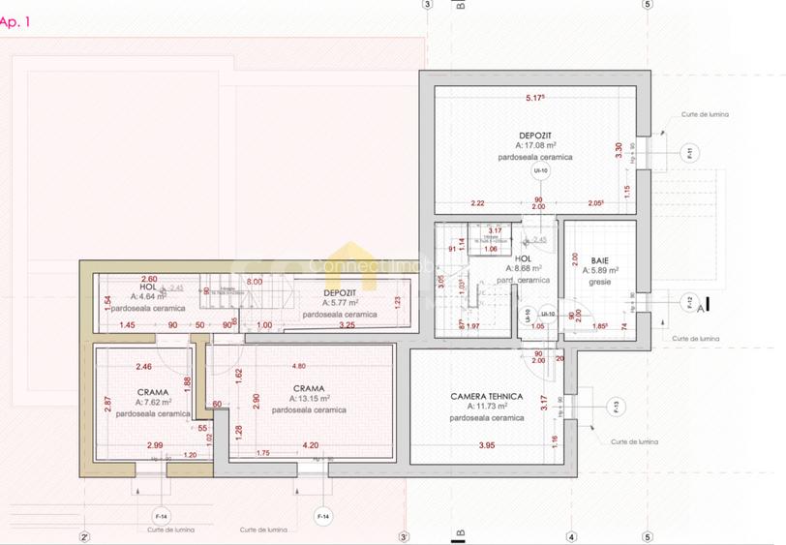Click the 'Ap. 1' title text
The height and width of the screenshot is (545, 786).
pyautogui.click(x=16, y=21)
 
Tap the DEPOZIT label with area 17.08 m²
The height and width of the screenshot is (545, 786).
pyautogui.click(x=535, y=135)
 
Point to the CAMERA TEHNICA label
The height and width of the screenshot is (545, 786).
pyautogui.click(x=486, y=397)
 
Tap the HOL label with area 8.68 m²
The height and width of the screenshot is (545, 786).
pyautogui.click(x=523, y=259)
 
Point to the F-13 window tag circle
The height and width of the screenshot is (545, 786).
pyautogui.click(x=616, y=406)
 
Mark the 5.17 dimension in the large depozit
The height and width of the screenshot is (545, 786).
pyautogui.click(x=535, y=98)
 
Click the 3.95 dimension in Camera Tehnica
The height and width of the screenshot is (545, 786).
pyautogui.click(x=488, y=445)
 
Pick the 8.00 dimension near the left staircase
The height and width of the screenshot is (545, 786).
pyautogui.click(x=254, y=281)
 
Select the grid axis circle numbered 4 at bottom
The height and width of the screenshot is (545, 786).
pyautogui.click(x=571, y=536)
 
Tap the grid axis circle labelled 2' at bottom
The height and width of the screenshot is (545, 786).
pyautogui.click(x=84, y=536)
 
